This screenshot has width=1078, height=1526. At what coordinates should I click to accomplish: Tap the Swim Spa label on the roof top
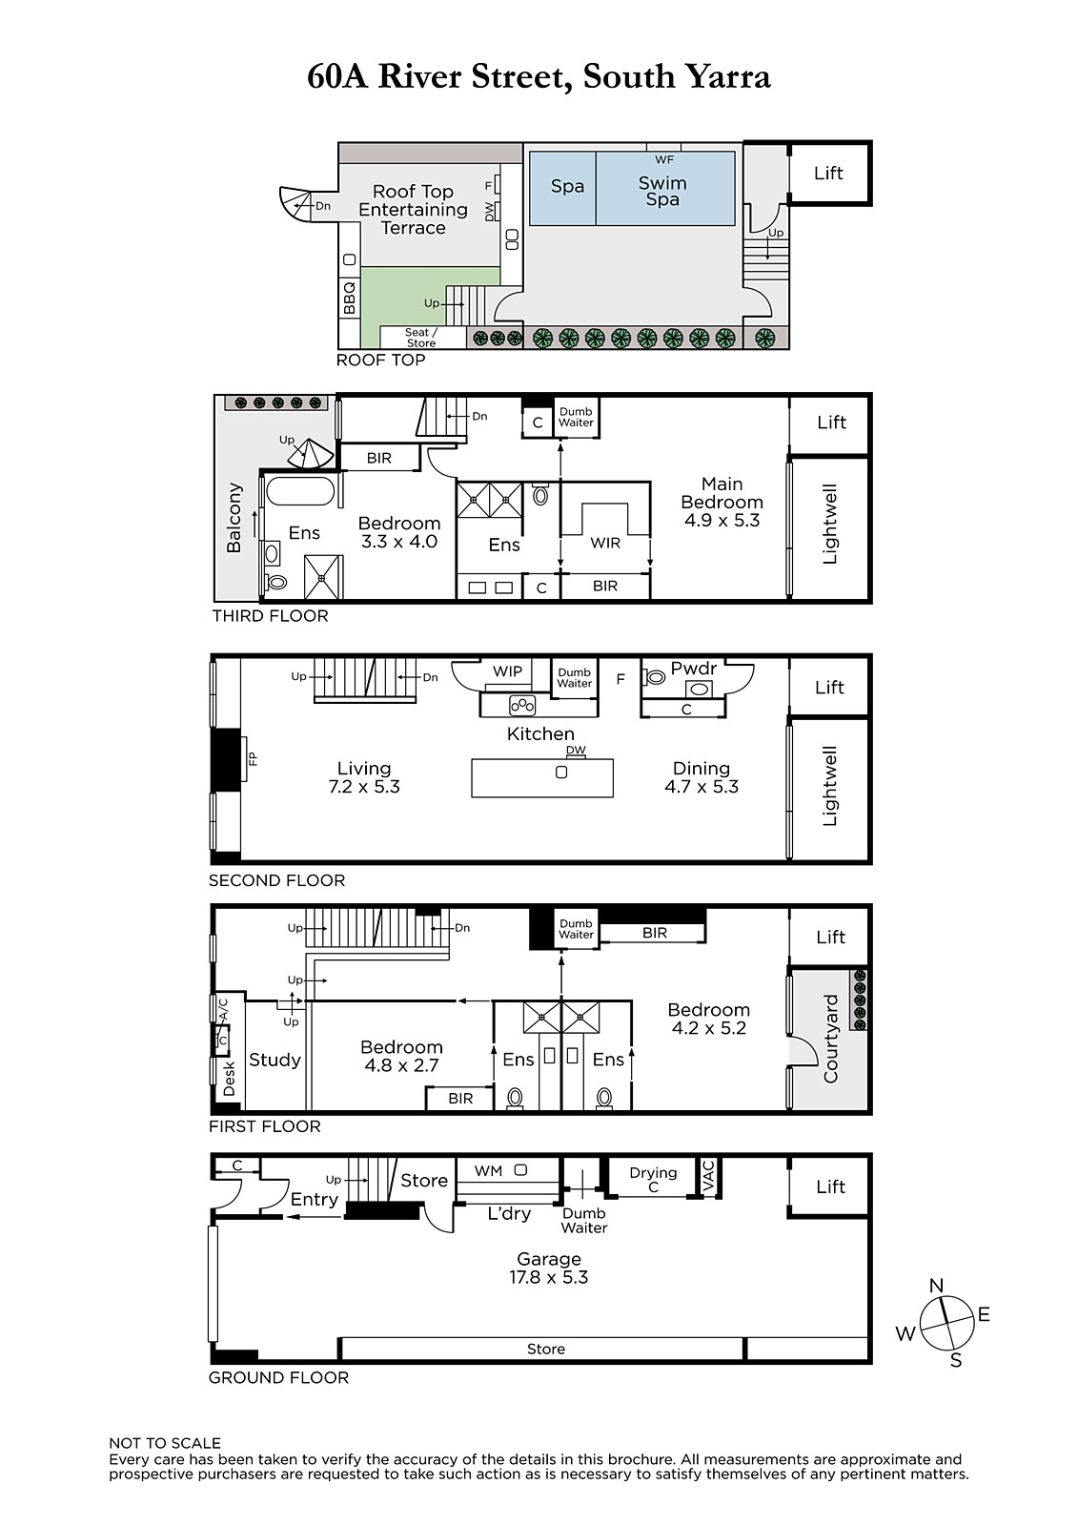point(662,192)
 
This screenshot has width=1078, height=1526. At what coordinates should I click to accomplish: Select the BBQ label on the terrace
point(350,298)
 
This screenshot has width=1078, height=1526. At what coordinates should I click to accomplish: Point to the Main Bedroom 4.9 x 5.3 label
point(722,502)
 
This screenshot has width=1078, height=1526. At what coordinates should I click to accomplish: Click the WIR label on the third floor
point(605,543)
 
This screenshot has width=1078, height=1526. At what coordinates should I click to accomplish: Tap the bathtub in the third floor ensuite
point(300,490)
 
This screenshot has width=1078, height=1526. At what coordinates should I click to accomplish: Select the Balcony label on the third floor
point(234,518)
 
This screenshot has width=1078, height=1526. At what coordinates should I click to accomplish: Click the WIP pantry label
point(507,671)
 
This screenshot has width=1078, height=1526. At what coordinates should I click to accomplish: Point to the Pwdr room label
point(693,669)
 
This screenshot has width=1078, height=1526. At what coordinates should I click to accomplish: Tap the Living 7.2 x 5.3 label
point(364,777)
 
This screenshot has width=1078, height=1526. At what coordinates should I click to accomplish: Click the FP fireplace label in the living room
point(252,757)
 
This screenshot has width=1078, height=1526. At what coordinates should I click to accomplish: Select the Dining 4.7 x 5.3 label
point(702,777)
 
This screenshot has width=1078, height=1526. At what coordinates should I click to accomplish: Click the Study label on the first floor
point(275,1060)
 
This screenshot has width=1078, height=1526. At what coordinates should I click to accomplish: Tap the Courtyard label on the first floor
point(831,1039)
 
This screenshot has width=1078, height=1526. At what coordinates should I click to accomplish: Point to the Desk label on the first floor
point(229,1079)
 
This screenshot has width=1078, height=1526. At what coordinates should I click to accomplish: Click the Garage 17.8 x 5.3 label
point(549,1268)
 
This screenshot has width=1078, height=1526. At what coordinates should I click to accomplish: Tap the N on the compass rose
point(936,1286)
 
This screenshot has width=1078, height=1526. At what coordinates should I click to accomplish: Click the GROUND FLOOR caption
point(278,1377)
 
